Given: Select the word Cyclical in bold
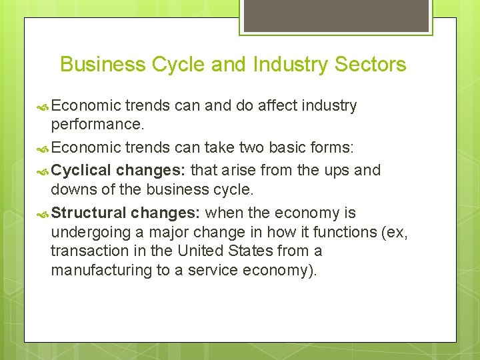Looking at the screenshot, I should tap(81, 171).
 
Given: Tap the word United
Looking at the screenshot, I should tap(202, 251).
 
